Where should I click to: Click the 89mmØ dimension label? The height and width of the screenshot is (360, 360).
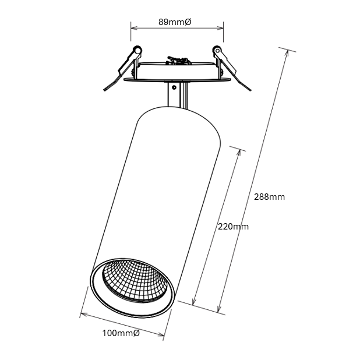(x=175, y=22)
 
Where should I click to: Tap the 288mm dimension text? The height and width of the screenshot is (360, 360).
(x=269, y=197)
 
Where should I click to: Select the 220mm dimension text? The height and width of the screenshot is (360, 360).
(x=233, y=227)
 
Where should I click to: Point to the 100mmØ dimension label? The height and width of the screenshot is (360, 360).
(x=121, y=333)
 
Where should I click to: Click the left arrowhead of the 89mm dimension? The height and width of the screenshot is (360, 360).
(x=134, y=28)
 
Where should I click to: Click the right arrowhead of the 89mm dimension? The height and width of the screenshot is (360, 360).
(x=220, y=28)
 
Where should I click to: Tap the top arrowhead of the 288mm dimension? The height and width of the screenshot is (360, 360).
(x=286, y=52)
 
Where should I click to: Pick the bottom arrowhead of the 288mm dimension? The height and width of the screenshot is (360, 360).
(x=219, y=309)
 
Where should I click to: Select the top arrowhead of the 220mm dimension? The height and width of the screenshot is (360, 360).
(x=239, y=153)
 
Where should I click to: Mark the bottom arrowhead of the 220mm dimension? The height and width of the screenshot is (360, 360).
(x=194, y=302)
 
